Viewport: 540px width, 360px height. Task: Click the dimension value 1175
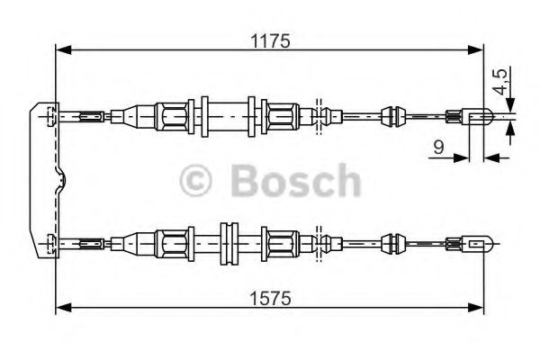click(x=270, y=41)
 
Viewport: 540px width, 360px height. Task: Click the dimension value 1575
click(x=270, y=298)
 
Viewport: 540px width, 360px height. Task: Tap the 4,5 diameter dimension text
click(x=500, y=81)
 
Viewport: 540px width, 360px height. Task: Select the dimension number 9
click(x=438, y=147)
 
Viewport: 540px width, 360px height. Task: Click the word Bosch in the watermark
click(x=296, y=181)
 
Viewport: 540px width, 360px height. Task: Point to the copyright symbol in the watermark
click(x=195, y=181)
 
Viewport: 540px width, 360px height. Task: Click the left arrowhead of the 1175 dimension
click(x=63, y=50)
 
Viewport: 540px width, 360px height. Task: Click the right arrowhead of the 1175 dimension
click(x=475, y=50)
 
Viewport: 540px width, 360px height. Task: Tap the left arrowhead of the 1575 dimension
click(x=63, y=308)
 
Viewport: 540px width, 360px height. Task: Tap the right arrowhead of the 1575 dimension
click(x=475, y=308)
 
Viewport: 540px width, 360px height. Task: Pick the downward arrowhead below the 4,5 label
click(x=510, y=104)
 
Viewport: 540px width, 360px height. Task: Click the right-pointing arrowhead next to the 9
click(x=462, y=158)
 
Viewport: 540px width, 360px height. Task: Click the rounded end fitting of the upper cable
click(x=479, y=116)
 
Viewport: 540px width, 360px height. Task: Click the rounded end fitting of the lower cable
click(x=479, y=243)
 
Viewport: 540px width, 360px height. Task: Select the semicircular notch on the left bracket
click(x=61, y=179)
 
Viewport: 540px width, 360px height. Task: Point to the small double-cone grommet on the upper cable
click(x=393, y=116)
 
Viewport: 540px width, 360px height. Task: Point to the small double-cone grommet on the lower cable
click(x=393, y=243)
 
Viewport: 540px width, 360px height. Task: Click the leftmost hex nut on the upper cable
click(x=171, y=116)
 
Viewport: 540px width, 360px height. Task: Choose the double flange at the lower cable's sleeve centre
click(x=229, y=244)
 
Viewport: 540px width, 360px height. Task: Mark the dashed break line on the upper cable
click(x=319, y=117)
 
